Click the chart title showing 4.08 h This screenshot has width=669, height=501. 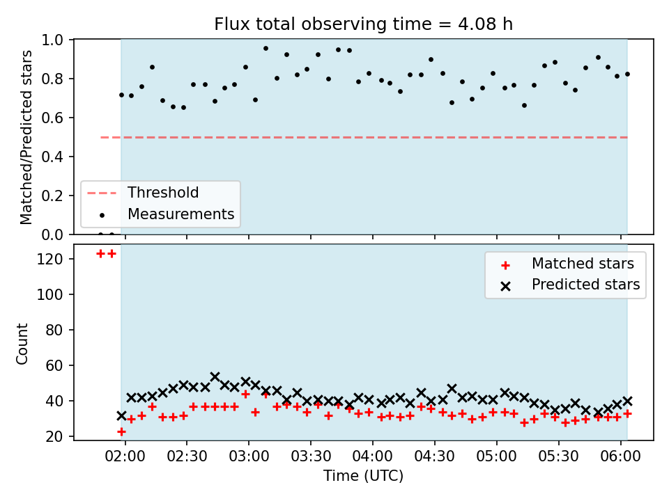click(363, 24)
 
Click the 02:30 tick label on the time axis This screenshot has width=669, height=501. click(187, 456)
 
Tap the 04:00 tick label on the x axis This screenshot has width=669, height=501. click(372, 456)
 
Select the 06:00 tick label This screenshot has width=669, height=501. click(620, 456)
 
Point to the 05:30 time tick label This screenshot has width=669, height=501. click(558, 456)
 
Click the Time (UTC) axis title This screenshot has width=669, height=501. click(363, 476)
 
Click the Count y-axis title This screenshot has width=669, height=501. click(22, 343)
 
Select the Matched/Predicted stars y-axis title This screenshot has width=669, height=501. click(26, 137)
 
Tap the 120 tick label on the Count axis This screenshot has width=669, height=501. click(49, 259)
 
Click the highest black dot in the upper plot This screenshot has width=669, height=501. click(266, 49)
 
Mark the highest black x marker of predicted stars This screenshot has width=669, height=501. click(215, 376)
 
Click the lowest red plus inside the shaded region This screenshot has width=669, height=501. click(121, 432)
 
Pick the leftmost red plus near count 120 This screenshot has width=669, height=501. click(100, 254)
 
